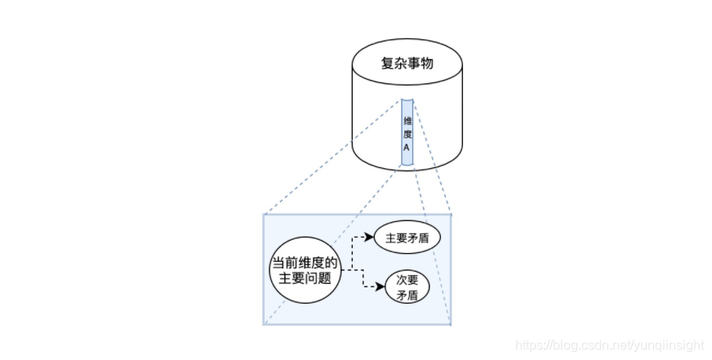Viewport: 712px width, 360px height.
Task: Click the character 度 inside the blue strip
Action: pos(407,134)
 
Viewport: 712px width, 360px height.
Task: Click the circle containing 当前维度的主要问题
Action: pos(304,270)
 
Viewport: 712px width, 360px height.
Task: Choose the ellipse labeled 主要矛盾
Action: pos(407,238)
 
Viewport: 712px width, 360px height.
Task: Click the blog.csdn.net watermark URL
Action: pos(612,347)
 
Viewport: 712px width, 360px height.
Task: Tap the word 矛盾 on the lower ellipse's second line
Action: pos(407,296)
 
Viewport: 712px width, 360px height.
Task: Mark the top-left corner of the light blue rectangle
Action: pos(263,215)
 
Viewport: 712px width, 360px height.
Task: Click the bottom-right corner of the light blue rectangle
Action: pos(451,324)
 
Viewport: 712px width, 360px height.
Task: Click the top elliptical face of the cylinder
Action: pos(407,65)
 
